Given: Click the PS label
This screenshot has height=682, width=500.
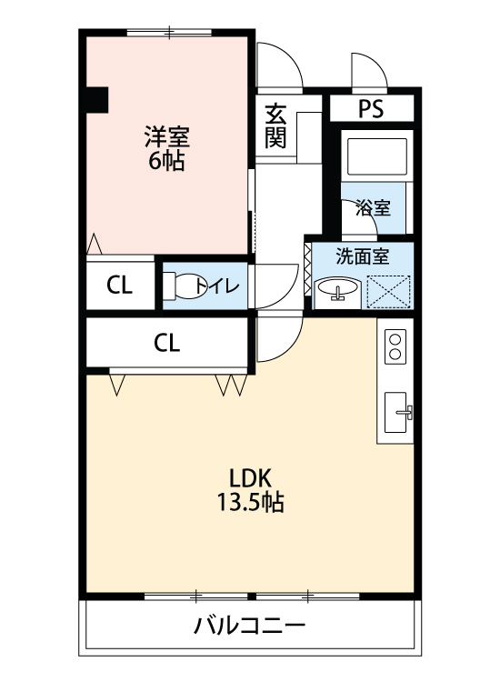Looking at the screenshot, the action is click(x=371, y=109).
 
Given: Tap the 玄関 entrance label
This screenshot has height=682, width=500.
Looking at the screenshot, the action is click(x=275, y=126).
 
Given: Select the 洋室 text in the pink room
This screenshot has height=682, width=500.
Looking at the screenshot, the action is click(x=167, y=136).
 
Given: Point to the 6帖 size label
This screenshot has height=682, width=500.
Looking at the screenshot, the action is click(x=166, y=161).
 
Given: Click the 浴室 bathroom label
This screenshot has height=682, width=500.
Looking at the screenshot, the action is click(x=373, y=207).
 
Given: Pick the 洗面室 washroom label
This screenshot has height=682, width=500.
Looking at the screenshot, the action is click(x=362, y=256).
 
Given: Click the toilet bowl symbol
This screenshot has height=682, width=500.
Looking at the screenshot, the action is click(x=185, y=286).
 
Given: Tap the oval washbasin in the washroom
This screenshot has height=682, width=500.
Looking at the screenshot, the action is click(x=337, y=288).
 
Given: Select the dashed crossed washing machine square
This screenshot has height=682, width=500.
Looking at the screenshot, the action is click(x=388, y=292).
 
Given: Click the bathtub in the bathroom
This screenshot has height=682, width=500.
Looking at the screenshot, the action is click(x=377, y=156).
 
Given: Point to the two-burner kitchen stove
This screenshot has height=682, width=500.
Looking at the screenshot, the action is click(x=395, y=346).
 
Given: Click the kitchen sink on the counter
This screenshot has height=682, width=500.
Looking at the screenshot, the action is click(x=395, y=412).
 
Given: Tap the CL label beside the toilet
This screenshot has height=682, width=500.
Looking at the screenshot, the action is click(x=119, y=286).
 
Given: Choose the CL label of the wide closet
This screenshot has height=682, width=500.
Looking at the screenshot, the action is click(x=166, y=343).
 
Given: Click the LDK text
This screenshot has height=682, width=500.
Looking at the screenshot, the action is click(x=250, y=478).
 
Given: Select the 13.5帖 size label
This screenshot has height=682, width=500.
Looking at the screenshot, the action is click(x=250, y=502).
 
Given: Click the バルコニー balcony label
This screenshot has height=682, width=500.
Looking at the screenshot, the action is click(x=250, y=627).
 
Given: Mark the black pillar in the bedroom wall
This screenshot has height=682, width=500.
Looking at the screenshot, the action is click(x=95, y=100).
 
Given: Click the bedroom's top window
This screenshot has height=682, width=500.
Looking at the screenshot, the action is click(x=169, y=32).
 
